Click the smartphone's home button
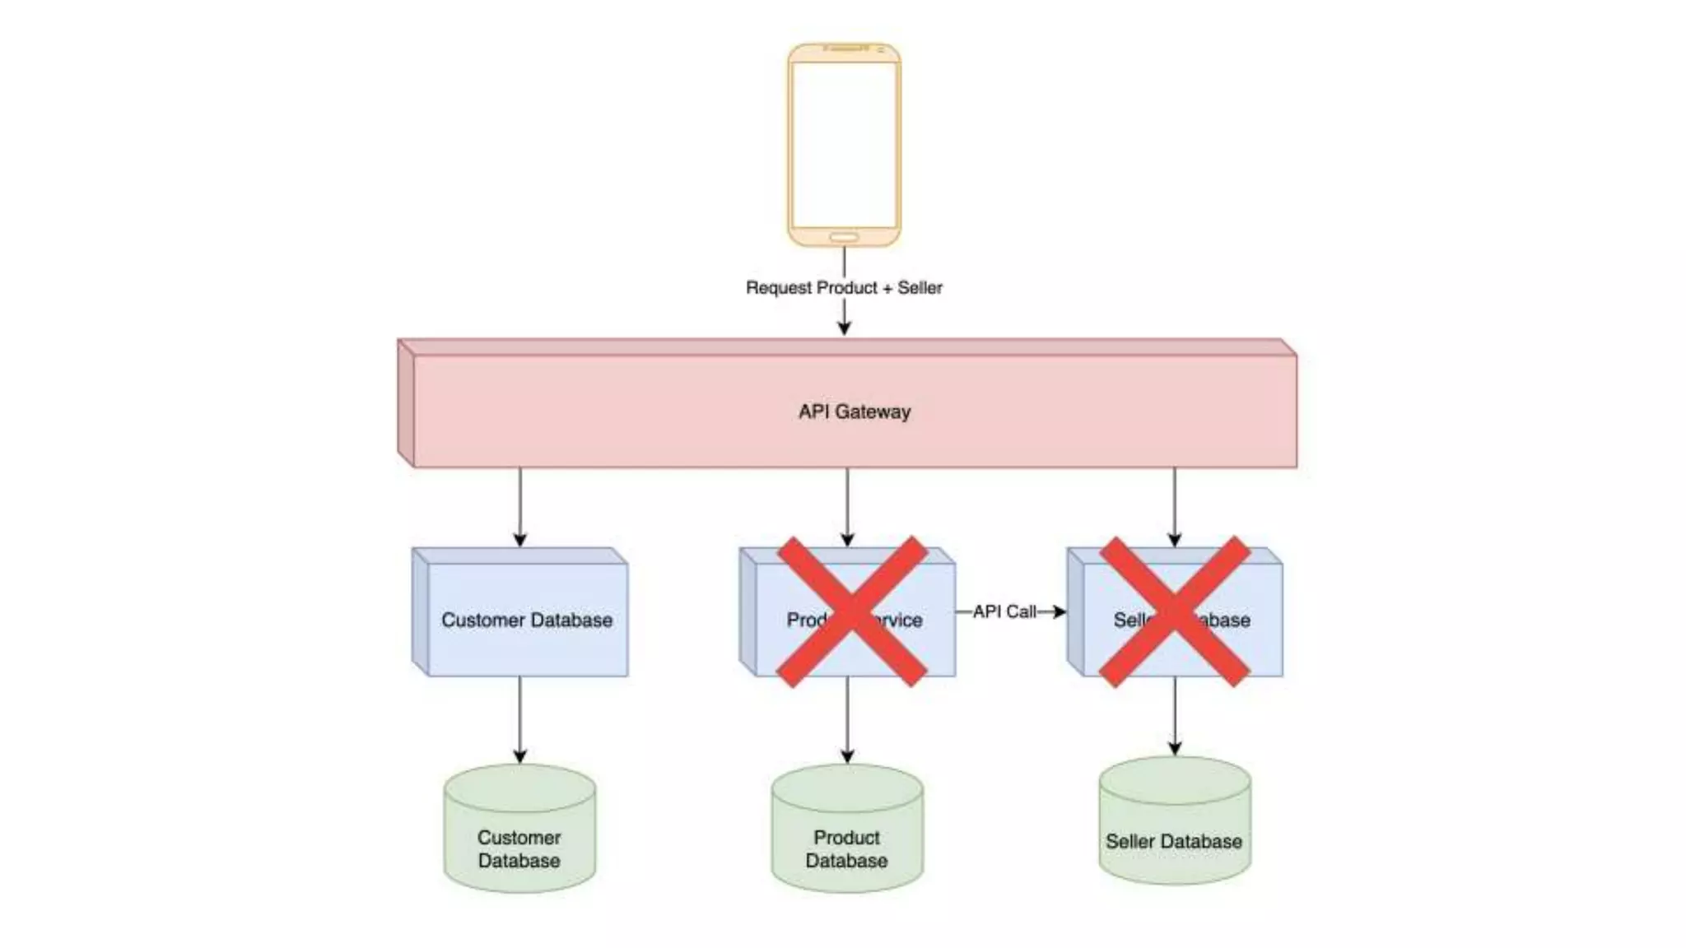(844, 237)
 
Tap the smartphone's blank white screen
(844, 144)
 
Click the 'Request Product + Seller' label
(844, 288)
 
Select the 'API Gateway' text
(855, 411)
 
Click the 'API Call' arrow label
(1004, 611)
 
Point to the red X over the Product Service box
(853, 611)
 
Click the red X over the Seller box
(1175, 611)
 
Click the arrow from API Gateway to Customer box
(519, 506)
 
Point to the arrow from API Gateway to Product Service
(847, 506)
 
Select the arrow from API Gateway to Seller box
(1175, 506)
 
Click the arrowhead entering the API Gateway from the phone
(844, 327)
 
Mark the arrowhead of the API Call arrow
(1060, 611)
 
